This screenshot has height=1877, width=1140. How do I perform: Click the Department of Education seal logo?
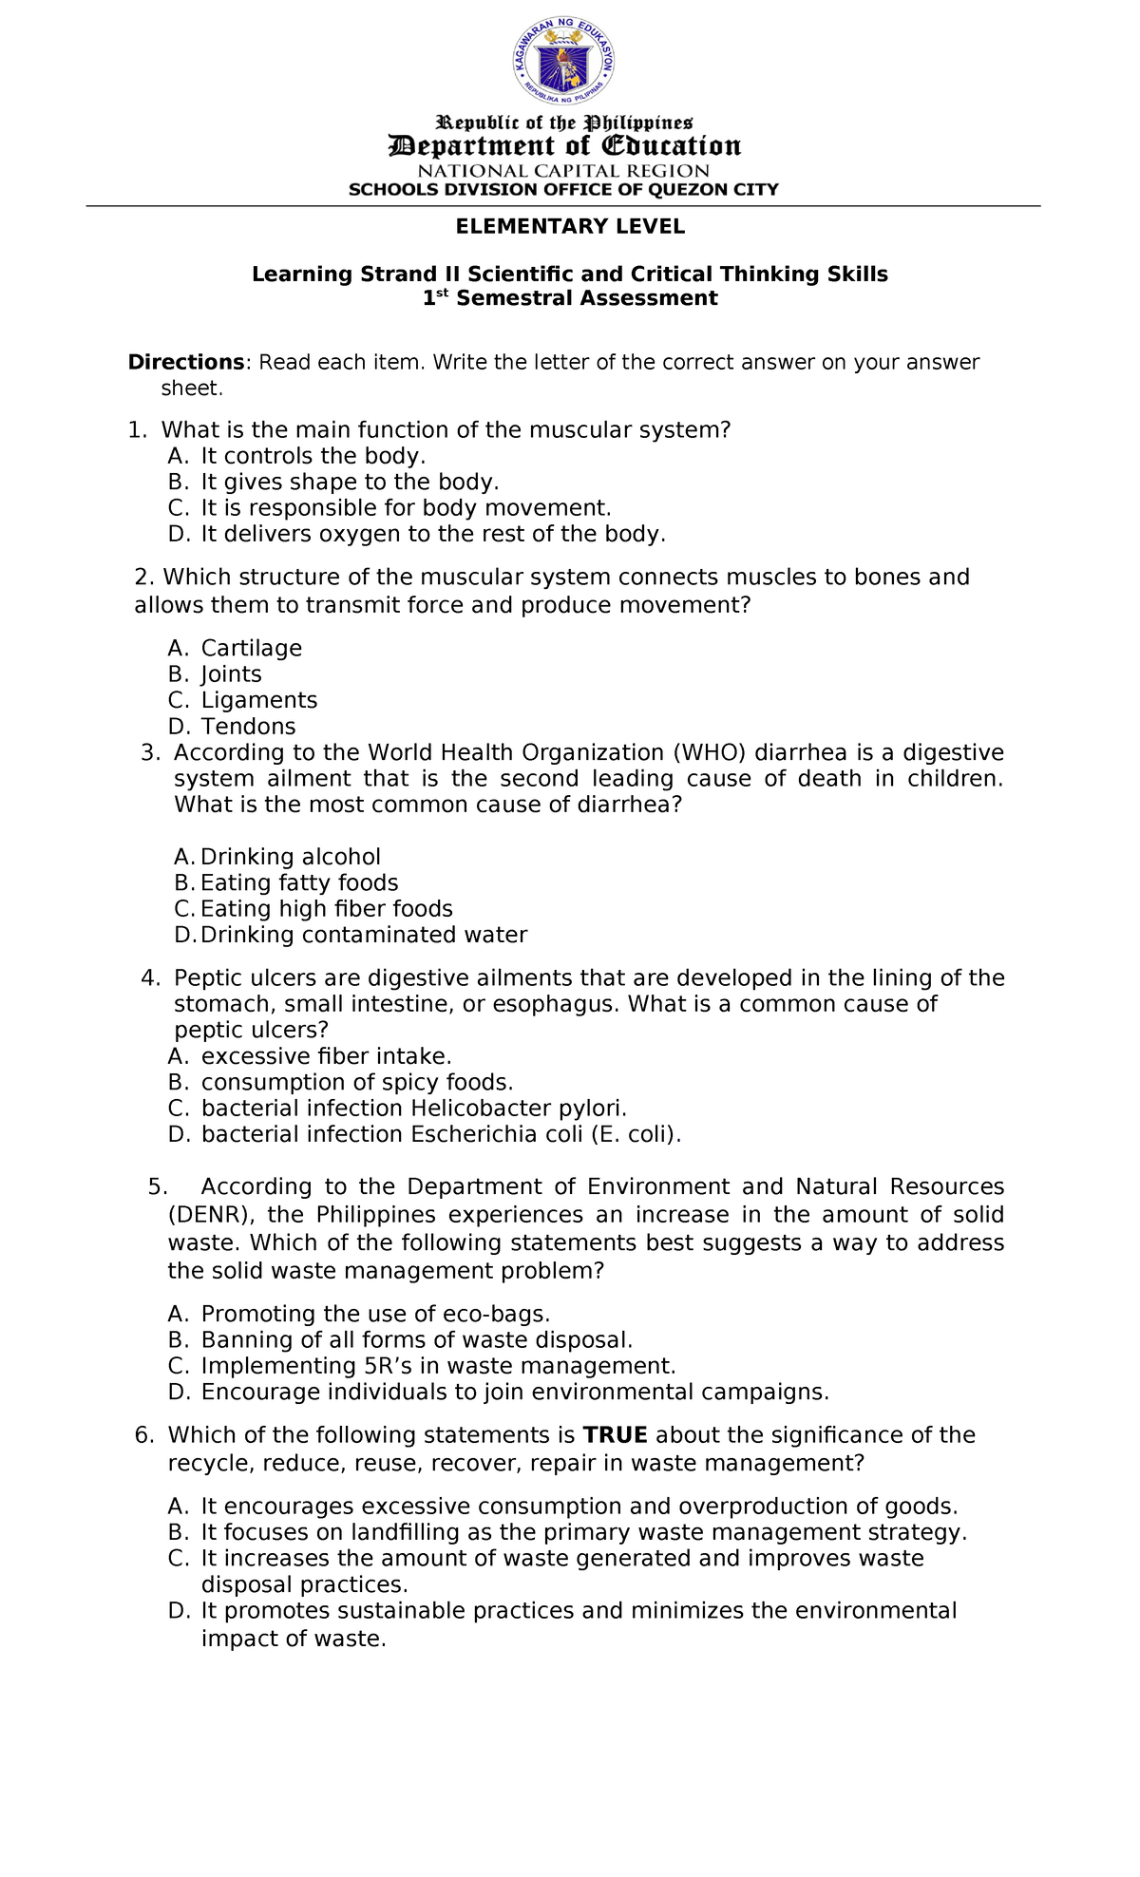tap(564, 63)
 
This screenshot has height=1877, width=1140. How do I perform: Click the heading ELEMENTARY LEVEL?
tap(570, 226)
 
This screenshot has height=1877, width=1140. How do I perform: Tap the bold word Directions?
tap(187, 362)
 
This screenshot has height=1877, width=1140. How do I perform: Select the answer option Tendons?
tap(248, 727)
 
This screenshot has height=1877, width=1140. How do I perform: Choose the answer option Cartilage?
tap(251, 648)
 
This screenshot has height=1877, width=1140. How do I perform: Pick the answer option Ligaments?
tap(258, 700)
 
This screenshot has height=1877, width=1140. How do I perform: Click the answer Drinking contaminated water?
tap(363, 935)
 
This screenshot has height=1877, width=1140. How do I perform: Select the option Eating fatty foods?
tap(299, 882)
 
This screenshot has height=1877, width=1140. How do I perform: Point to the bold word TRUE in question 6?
tap(615, 1434)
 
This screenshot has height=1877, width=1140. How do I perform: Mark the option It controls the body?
tap(313, 456)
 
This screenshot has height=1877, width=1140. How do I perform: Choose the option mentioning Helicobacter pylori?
tap(413, 1109)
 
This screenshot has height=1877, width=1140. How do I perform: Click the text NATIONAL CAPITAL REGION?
tap(564, 171)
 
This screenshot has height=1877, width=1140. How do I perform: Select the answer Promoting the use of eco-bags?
tap(375, 1314)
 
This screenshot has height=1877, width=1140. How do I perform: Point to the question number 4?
tap(150, 978)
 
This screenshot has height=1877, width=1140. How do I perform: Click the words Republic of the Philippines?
tap(564, 123)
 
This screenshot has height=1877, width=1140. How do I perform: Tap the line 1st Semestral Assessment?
tap(570, 298)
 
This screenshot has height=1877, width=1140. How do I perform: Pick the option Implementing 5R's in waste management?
tap(438, 1366)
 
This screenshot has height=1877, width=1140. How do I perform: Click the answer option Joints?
tap(231, 674)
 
